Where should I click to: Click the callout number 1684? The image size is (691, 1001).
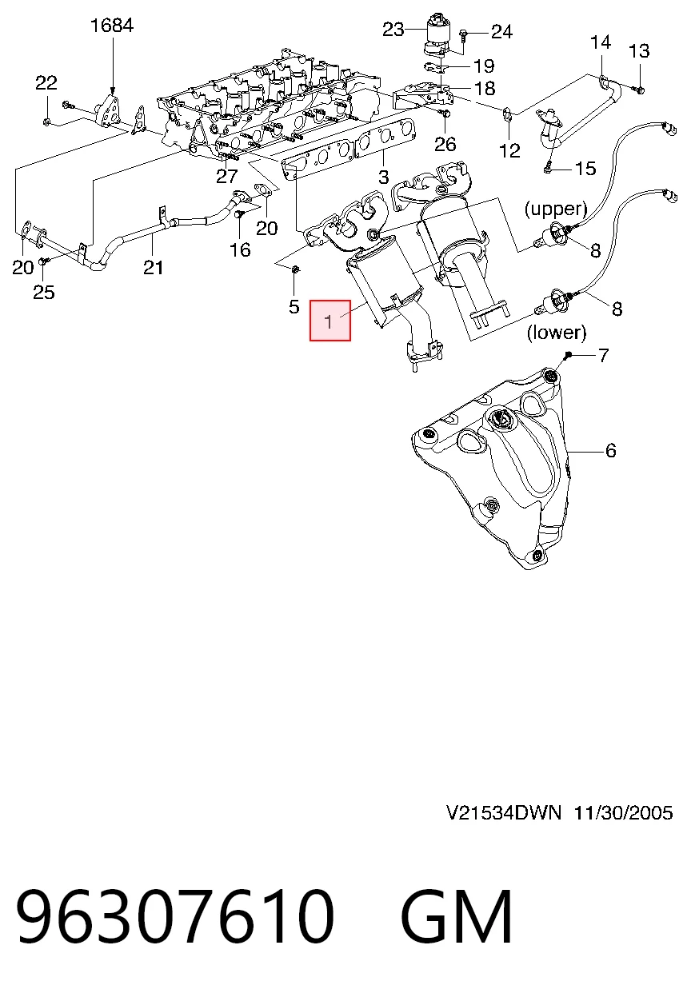tap(112, 26)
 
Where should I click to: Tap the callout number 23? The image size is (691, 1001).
tap(393, 30)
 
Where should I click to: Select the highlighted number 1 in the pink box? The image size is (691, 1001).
tap(329, 321)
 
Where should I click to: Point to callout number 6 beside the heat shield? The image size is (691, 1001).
tap(610, 450)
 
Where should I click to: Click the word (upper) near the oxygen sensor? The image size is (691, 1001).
tap(556, 209)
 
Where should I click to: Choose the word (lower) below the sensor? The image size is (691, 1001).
tap(557, 332)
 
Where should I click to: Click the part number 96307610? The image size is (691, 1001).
tap(175, 915)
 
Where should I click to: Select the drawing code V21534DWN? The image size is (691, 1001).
tap(504, 813)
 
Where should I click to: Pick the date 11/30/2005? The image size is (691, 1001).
tap(623, 813)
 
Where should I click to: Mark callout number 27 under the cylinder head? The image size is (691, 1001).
tap(226, 177)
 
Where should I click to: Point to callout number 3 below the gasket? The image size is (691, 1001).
tap(384, 177)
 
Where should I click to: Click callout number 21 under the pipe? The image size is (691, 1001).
tap(153, 268)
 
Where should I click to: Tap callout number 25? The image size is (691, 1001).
tap(44, 293)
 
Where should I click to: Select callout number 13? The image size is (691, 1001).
tap(639, 51)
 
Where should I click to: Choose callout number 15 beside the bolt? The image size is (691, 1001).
tap(585, 169)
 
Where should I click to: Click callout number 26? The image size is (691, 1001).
tap(445, 145)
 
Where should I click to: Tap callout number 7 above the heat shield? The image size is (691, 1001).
tap(603, 356)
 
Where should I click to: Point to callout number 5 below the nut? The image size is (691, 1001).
tap(294, 306)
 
